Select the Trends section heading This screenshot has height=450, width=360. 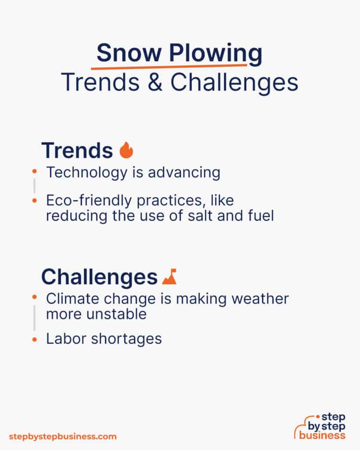pyautogui.click(x=77, y=151)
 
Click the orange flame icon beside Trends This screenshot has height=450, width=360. pyautogui.click(x=126, y=150)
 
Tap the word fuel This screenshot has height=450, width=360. pyautogui.click(x=259, y=215)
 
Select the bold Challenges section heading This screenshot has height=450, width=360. pyautogui.click(x=99, y=277)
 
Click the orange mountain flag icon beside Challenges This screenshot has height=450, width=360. pyautogui.click(x=169, y=276)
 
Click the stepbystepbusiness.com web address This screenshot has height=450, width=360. pyautogui.click(x=63, y=436)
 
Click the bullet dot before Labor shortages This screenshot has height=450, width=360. pyautogui.click(x=34, y=339)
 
